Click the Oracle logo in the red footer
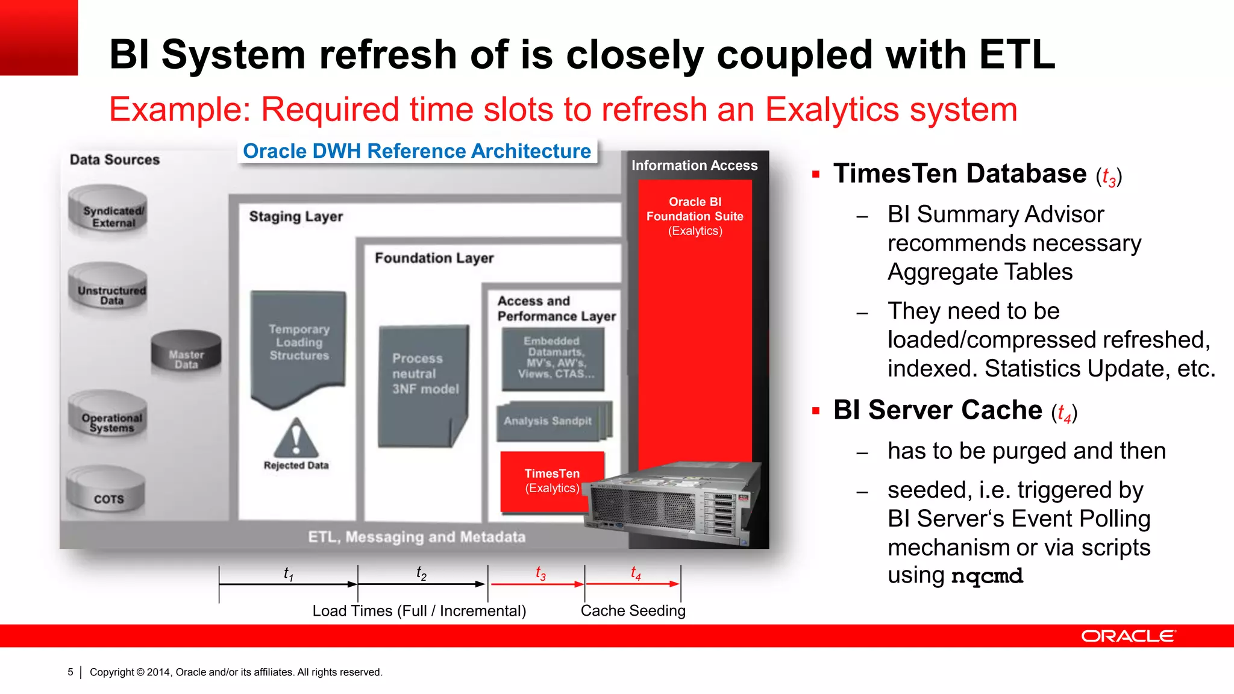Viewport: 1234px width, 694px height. pyautogui.click(x=1127, y=636)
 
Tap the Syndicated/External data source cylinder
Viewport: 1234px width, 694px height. pyautogui.click(x=108, y=212)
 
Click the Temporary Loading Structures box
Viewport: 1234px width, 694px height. pyautogui.click(x=299, y=343)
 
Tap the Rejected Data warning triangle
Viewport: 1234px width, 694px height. pyautogui.click(x=296, y=439)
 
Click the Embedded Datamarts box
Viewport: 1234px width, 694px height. pyautogui.click(x=553, y=358)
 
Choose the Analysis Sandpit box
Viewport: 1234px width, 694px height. pyautogui.click(x=551, y=421)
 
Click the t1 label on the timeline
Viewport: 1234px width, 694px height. pyautogui.click(x=289, y=573)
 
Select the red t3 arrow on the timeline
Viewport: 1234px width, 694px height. pyautogui.click(x=536, y=584)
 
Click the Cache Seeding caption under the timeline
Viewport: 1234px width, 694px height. pyautogui.click(x=633, y=610)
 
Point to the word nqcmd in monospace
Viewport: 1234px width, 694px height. pyautogui.click(x=987, y=576)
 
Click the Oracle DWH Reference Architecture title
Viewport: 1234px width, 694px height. pyautogui.click(x=417, y=151)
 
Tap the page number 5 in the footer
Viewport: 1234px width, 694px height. pyautogui.click(x=70, y=672)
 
